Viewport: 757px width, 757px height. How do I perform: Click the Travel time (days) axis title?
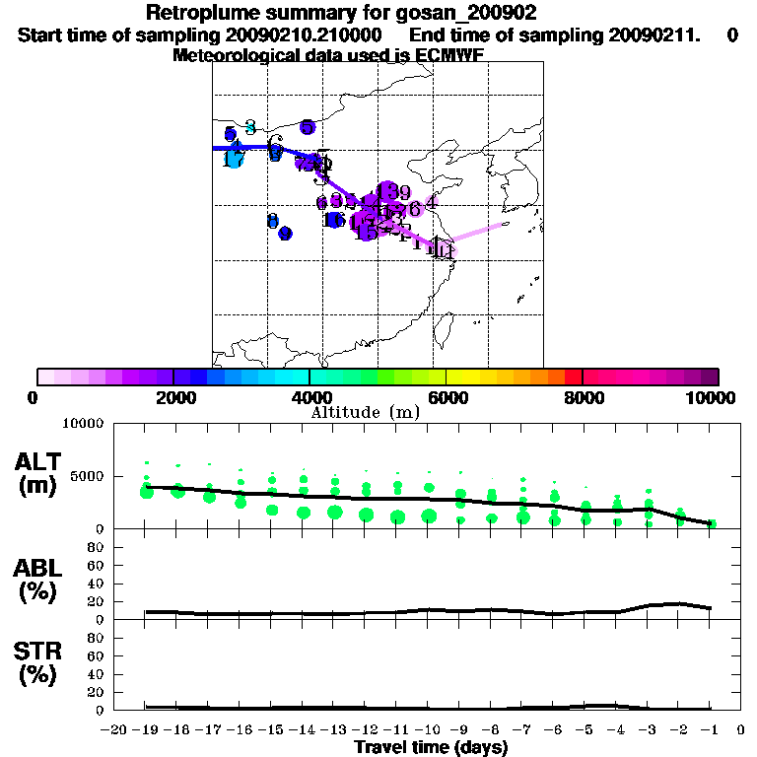point(431,747)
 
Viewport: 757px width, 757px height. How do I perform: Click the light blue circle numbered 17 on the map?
point(234,158)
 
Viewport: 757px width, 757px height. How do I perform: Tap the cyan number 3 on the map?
point(250,126)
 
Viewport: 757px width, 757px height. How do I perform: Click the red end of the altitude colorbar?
point(573,377)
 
